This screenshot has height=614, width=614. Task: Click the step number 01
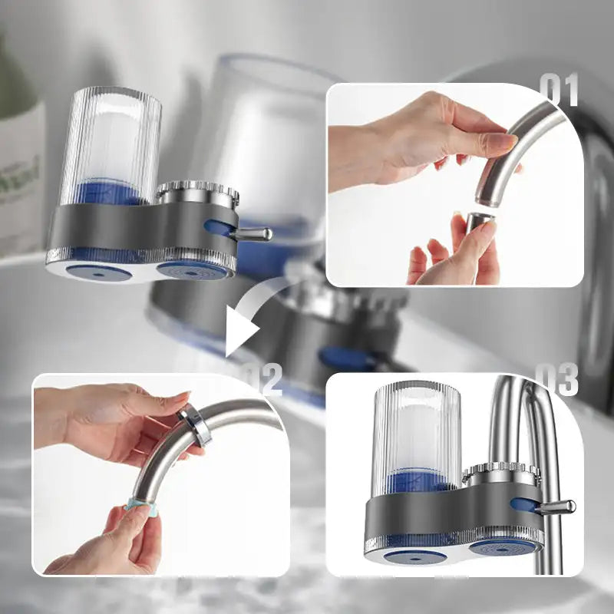558,91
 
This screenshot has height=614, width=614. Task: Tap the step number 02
262,378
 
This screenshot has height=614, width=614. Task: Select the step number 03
556,379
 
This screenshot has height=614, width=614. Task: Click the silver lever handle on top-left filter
253,233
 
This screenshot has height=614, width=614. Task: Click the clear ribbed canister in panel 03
417,434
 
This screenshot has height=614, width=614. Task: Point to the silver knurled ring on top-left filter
198,193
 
